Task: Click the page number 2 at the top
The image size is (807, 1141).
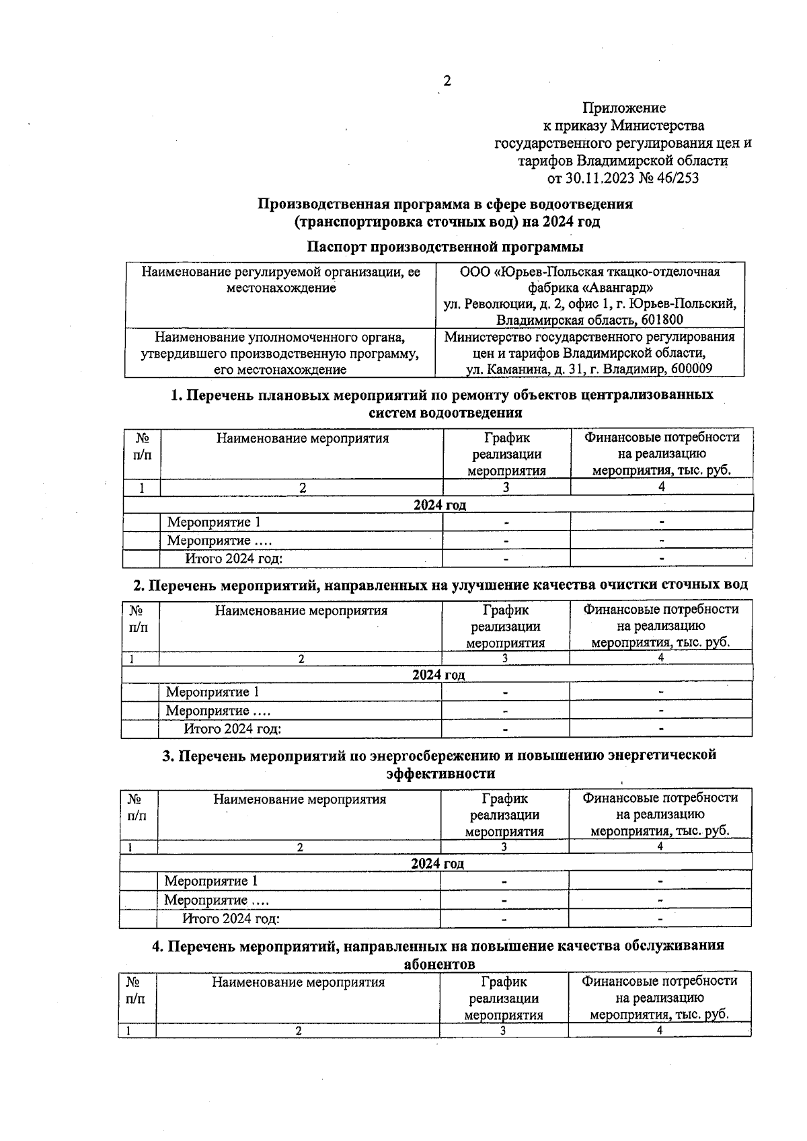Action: pos(447,81)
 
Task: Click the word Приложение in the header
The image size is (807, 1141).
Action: pos(623,108)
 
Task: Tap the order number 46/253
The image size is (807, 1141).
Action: pos(676,178)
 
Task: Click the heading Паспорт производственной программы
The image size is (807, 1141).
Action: pos(445,247)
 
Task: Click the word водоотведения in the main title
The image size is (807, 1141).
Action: pos(581,203)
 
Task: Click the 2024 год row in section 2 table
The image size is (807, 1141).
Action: pos(438,674)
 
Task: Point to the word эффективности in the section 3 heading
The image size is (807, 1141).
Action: pos(440,773)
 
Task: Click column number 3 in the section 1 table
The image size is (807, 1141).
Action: pos(506,487)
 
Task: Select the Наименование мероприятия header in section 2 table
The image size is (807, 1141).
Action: pos(301,611)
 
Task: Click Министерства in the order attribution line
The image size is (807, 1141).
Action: pos(657,125)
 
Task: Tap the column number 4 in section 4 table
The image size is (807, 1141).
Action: pos(659,1030)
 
